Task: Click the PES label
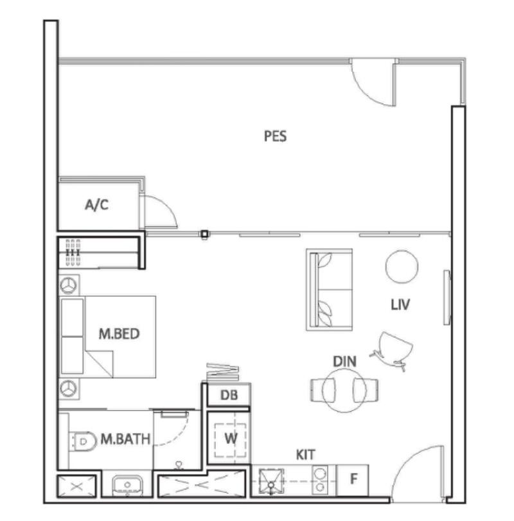pos(275,136)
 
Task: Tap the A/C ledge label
pos(97,206)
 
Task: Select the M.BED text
pos(119,334)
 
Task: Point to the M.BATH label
pos(125,439)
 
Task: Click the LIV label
pos(400,305)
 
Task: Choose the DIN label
pos(344,362)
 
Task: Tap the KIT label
pos(305,455)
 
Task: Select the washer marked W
pos(229,438)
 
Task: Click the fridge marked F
pos(353,479)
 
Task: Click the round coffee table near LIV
pos(402,266)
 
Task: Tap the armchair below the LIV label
pos(393,349)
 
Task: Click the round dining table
pos(344,389)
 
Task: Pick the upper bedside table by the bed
pos(69,284)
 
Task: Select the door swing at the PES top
pos(374,82)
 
